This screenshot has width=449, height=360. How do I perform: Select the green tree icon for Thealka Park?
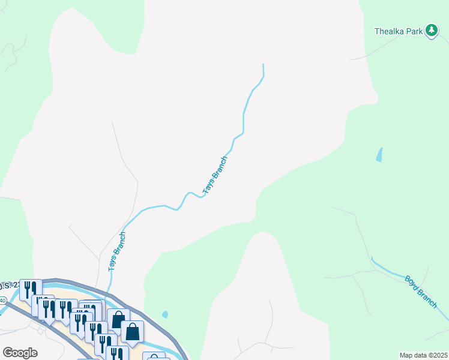click(431, 30)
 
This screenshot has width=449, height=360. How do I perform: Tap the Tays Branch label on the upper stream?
click(215, 175)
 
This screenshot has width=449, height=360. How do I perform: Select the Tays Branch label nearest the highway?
click(116, 252)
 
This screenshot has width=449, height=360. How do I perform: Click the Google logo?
click(20, 352)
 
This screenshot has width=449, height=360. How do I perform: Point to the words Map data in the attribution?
click(413, 355)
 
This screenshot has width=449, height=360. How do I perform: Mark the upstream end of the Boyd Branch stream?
click(372, 258)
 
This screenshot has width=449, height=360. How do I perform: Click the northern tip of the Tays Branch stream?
click(264, 64)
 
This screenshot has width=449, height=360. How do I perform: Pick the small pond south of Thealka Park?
click(379, 155)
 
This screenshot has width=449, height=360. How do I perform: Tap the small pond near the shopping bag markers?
click(164, 314)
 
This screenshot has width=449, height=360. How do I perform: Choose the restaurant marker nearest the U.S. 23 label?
click(28, 289)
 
